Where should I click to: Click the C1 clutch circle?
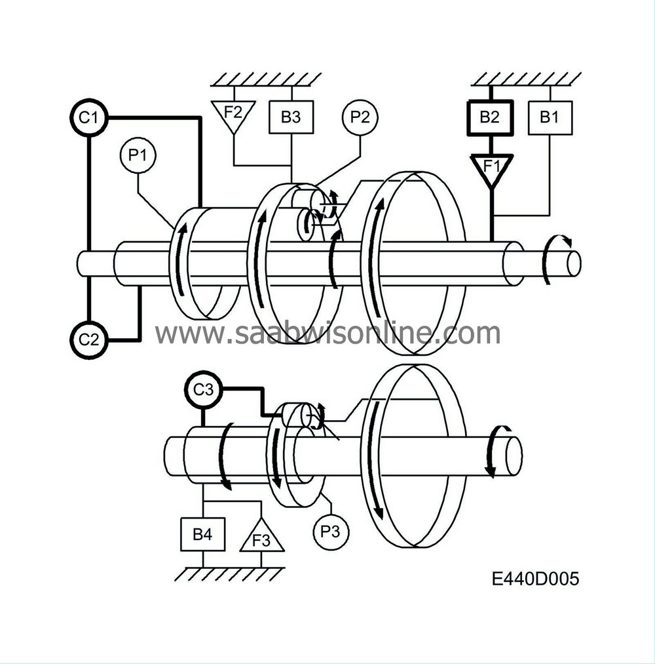point(88,118)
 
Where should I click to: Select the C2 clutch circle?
point(88,340)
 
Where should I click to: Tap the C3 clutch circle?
point(202,389)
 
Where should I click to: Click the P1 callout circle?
point(138,156)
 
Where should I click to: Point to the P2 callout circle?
point(360,118)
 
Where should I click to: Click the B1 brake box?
point(550,118)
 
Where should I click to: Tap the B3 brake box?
point(291,118)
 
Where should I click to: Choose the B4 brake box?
point(202,534)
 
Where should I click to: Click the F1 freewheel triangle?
point(491,167)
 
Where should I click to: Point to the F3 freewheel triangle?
point(261,537)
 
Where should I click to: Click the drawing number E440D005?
point(536,579)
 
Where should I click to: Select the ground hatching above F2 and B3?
point(266,79)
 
